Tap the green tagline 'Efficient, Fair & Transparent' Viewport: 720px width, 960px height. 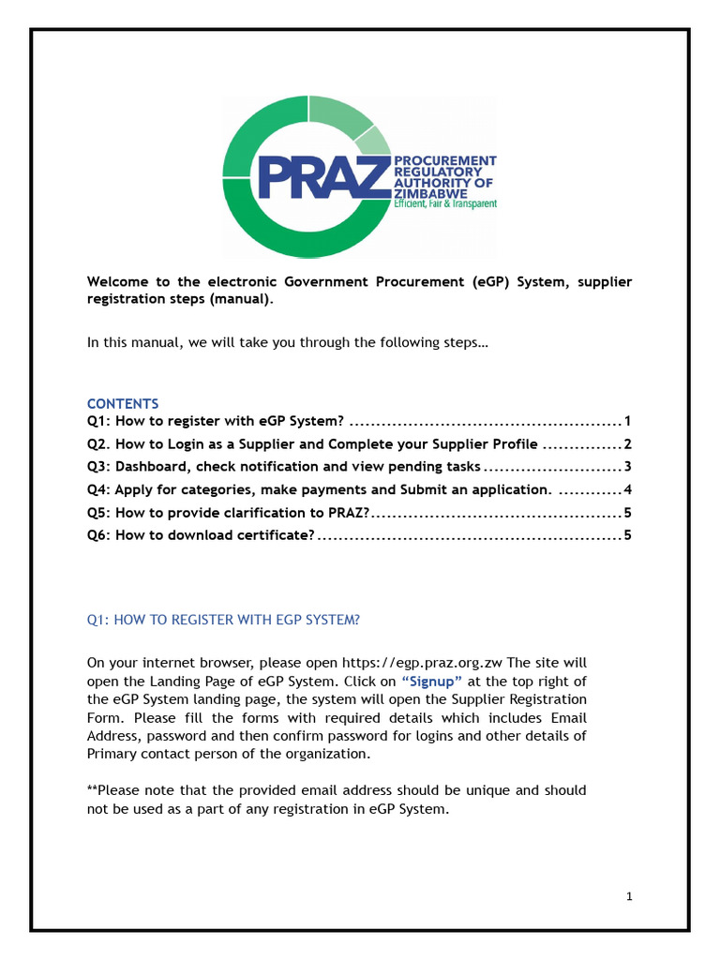coord(445,203)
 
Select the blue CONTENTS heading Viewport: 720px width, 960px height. coord(123,404)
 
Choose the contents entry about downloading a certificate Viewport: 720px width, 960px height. coord(200,536)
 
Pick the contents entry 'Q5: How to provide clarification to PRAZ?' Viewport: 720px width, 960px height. coord(229,513)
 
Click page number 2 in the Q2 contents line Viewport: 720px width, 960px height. coord(628,443)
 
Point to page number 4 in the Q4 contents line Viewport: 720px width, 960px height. coord(628,489)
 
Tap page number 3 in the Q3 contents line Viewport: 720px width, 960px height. coord(628,467)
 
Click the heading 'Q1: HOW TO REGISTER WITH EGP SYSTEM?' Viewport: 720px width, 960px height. coord(223,620)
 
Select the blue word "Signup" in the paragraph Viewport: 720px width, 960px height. coord(431,682)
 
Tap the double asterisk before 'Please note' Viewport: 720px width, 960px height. coord(92,789)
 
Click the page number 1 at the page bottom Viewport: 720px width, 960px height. coord(629,897)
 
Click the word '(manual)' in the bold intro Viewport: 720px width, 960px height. coord(242,301)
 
